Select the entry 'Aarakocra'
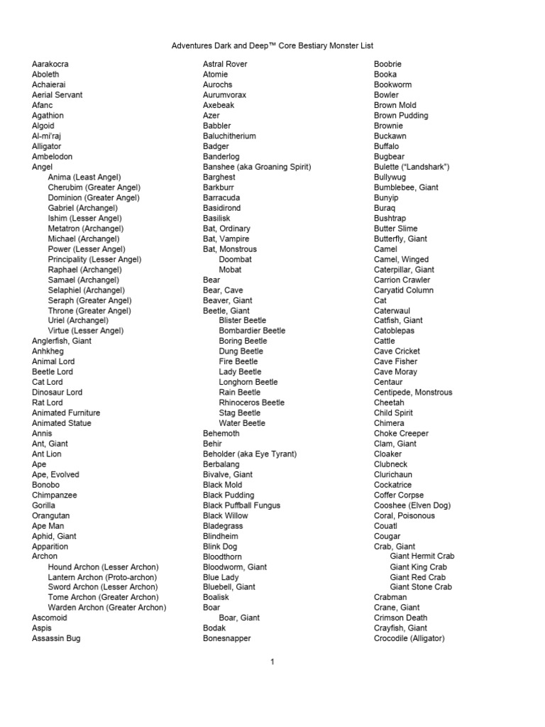click(x=50, y=64)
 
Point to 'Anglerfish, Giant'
click(x=62, y=341)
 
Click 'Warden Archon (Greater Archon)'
click(x=107, y=608)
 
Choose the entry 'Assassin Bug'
click(x=56, y=638)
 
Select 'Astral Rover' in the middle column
click(x=225, y=64)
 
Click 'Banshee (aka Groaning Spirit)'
click(x=257, y=167)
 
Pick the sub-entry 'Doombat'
click(x=236, y=259)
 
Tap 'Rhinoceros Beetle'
click(x=252, y=403)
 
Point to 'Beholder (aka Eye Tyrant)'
click(x=250, y=454)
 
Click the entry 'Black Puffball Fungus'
click(x=241, y=505)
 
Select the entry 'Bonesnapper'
click(x=227, y=638)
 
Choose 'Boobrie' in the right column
click(x=389, y=64)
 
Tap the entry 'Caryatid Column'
click(x=404, y=290)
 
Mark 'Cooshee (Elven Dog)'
click(x=412, y=505)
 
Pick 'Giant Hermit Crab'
click(x=422, y=557)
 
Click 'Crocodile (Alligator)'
click(x=409, y=638)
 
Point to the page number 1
click(x=272, y=662)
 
